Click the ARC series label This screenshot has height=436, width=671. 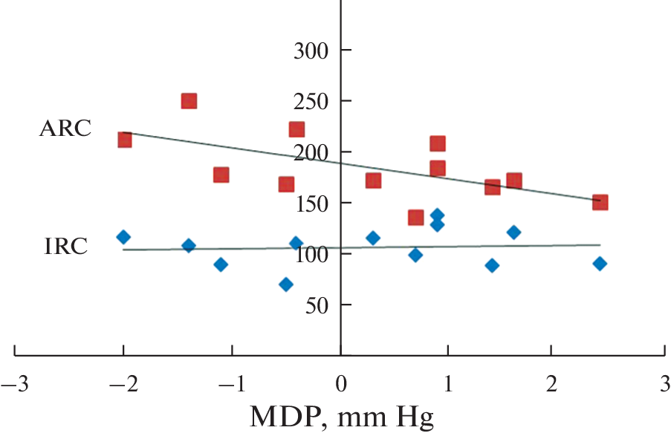65,128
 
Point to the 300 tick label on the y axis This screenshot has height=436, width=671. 314,51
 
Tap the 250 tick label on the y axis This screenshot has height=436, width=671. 314,101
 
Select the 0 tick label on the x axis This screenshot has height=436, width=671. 341,386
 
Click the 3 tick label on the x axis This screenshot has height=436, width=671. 657,386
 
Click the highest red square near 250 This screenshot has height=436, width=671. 189,101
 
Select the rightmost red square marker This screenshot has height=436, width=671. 600,202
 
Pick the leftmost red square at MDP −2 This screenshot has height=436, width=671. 125,140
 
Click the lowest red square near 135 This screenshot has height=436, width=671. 415,217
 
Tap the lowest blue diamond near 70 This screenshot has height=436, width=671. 286,284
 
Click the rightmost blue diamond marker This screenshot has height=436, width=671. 600,264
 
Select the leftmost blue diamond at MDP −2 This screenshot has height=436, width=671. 123,237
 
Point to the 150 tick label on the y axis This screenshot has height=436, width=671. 314,203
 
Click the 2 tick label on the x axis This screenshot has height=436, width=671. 551,386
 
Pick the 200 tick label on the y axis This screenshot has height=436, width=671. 314,152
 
